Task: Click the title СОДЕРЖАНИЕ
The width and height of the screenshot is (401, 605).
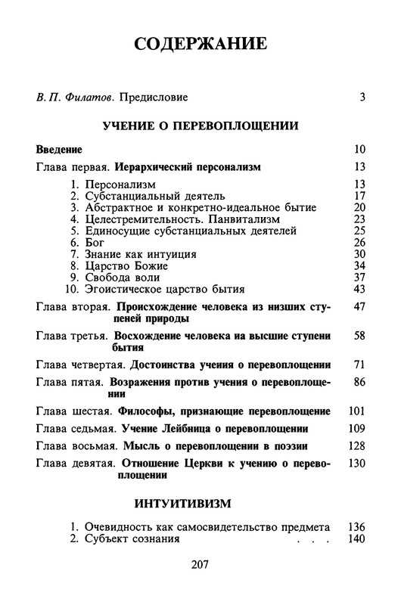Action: pyautogui.click(x=201, y=43)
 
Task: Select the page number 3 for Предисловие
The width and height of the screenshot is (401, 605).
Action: pyautogui.click(x=362, y=97)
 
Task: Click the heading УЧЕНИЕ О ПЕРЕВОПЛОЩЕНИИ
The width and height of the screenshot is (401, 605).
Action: pyautogui.click(x=201, y=124)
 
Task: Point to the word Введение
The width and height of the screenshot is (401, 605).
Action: pyautogui.click(x=59, y=149)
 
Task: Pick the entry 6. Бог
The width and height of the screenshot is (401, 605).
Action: pyautogui.click(x=86, y=242)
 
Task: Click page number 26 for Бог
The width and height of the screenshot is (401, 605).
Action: pyautogui.click(x=359, y=242)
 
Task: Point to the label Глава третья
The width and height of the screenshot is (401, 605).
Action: pyautogui.click(x=73, y=334)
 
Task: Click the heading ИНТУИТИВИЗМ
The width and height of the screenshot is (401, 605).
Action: pyautogui.click(x=201, y=502)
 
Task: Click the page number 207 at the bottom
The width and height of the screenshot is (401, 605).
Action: pyautogui.click(x=200, y=564)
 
